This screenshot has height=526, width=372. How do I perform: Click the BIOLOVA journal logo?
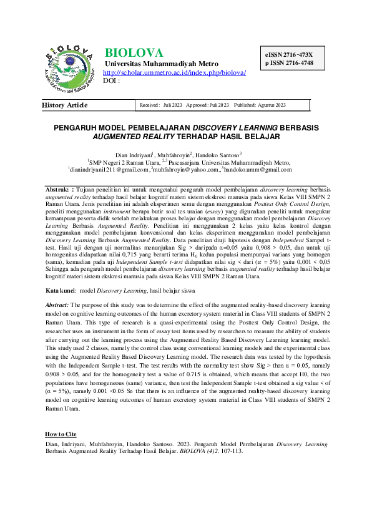[x=71, y=66]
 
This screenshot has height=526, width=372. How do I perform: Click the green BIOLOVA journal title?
[x=134, y=52]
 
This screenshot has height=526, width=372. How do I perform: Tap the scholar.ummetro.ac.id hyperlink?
[x=174, y=72]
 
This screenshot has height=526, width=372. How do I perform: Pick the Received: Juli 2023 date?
[x=160, y=105]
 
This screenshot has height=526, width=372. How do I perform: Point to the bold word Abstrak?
[x=59, y=188]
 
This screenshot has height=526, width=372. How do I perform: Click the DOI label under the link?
[x=111, y=80]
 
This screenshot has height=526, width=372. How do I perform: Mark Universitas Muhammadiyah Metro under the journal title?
[x=161, y=64]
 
